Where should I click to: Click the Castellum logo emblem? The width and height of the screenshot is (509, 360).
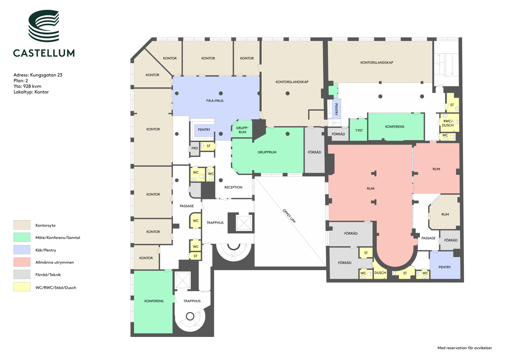(x=44, y=26)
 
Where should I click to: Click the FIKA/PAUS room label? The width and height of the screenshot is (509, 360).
(x=215, y=101)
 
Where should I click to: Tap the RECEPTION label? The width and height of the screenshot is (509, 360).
(x=233, y=187)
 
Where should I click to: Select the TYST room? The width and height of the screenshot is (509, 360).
(x=358, y=130)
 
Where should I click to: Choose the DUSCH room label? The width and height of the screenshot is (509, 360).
(x=380, y=273)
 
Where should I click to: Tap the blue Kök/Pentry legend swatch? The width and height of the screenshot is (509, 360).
(x=22, y=250)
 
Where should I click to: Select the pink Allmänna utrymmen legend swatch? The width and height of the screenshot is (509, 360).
(x=22, y=262)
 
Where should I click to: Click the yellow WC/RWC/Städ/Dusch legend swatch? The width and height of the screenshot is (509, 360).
(x=22, y=287)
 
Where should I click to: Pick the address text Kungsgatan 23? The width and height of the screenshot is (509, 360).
(x=46, y=75)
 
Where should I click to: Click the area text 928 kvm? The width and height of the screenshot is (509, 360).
(x=32, y=86)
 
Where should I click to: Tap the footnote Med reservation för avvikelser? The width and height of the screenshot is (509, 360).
(x=465, y=348)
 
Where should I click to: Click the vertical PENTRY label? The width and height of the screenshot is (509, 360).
(x=336, y=109)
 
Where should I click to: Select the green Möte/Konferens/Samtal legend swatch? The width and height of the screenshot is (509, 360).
(x=22, y=237)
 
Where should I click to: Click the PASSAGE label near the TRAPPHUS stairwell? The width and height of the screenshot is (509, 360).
(x=187, y=206)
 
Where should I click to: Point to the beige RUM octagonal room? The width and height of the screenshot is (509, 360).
(x=445, y=212)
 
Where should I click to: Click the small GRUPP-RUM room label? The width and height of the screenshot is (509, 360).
(x=242, y=130)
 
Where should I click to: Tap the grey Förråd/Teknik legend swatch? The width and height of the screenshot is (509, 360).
(x=22, y=274)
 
